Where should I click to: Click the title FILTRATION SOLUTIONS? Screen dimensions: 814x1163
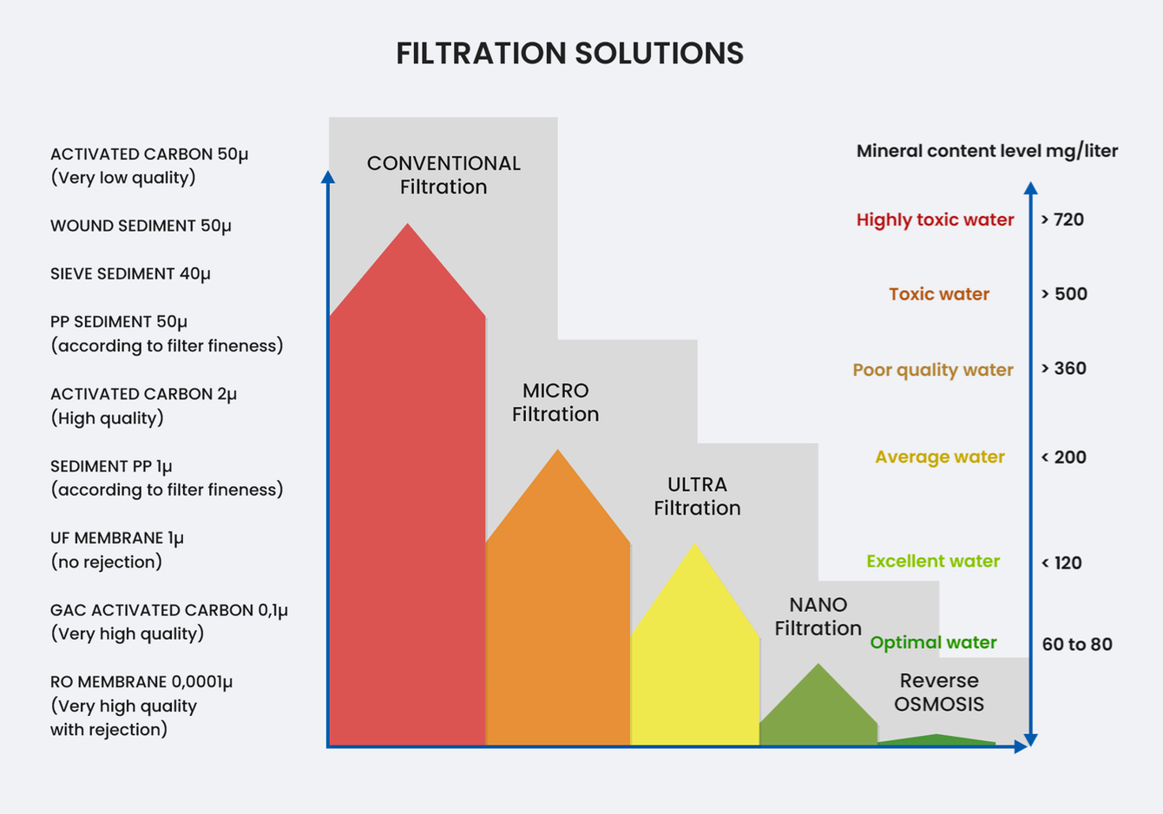click(569, 54)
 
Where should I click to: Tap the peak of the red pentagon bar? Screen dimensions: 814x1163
click(408, 227)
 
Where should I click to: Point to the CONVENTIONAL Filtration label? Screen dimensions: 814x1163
click(444, 174)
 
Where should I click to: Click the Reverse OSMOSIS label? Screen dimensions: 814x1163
click(939, 692)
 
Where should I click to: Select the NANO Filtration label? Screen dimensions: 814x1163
click(818, 616)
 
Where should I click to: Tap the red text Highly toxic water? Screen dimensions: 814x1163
click(935, 220)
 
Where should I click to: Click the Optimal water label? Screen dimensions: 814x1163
click(933, 642)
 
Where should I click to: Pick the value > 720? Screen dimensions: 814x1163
click(1062, 220)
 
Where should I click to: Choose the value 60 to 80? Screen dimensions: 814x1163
click(1077, 644)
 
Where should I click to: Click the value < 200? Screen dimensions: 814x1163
click(1063, 457)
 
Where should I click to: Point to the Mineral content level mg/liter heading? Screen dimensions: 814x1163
click(987, 151)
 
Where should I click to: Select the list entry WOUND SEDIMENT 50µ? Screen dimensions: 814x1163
click(141, 226)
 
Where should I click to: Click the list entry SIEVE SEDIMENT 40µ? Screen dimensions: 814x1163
click(130, 273)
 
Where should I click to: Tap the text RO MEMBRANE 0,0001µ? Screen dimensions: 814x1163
click(141, 682)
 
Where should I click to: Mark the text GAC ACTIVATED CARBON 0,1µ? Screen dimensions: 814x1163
click(169, 610)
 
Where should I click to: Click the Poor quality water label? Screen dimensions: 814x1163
click(932, 370)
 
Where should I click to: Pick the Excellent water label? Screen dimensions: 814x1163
click(933, 561)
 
